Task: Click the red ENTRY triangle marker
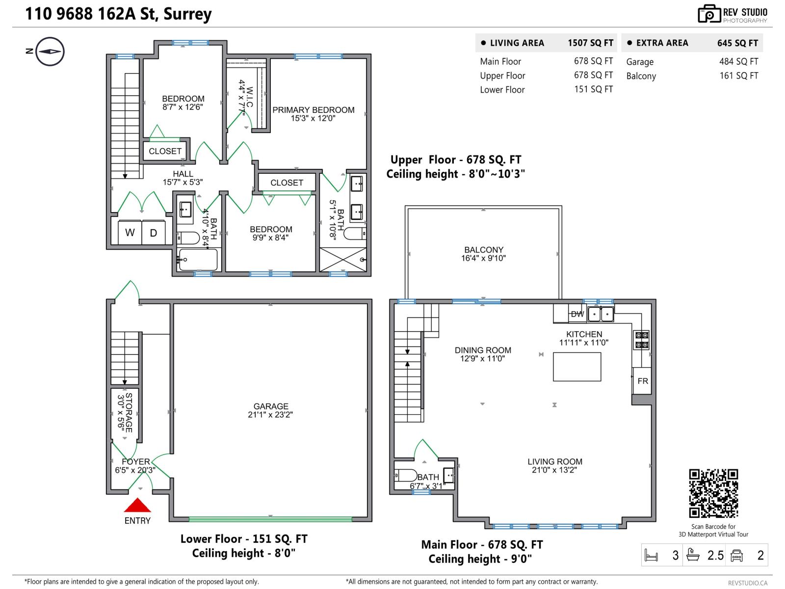tap(137, 506)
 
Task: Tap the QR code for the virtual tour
tap(713, 493)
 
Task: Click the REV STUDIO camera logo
tap(709, 14)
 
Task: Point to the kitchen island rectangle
tap(576, 367)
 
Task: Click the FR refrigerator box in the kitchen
tap(642, 381)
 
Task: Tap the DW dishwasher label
tap(577, 314)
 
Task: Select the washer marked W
tap(130, 233)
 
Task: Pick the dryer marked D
tap(154, 233)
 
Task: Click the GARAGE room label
tap(270, 410)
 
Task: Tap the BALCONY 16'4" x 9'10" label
tap(483, 254)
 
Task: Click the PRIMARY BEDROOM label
tap(313, 114)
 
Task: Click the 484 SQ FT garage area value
tap(738, 62)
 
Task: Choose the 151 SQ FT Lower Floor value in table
tap(593, 89)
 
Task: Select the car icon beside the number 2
tap(736, 555)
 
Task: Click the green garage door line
tap(270, 519)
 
